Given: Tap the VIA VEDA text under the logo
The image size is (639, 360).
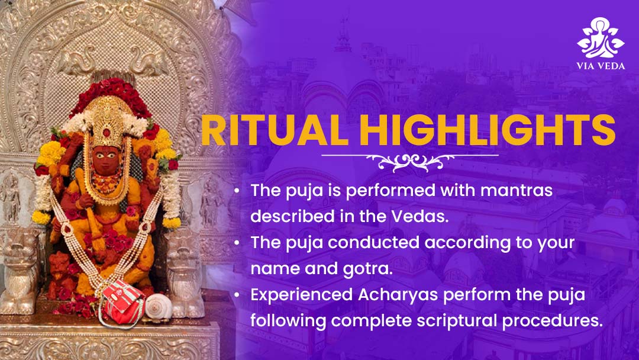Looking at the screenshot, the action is (601, 66).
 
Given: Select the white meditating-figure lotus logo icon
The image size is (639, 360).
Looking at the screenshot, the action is (601, 37).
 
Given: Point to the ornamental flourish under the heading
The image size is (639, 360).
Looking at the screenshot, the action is (410, 162).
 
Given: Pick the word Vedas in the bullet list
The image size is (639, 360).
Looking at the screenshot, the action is (419, 216).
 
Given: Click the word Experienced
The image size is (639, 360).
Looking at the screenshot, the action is (302, 295).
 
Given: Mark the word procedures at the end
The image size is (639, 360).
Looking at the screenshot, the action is (552, 321).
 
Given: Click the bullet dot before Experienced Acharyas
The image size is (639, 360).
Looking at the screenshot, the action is (237, 295).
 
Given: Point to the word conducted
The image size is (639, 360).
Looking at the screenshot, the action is (374, 243).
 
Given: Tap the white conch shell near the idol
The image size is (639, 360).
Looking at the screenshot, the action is (159, 307).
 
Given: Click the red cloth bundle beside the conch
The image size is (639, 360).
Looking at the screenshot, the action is (122, 303).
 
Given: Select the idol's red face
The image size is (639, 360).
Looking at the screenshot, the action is (106, 159).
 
